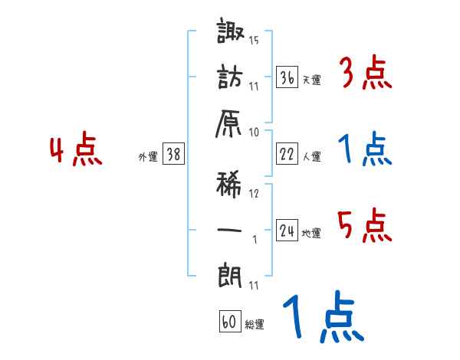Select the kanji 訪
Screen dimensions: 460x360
tap(231, 80)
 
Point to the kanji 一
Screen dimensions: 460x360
tap(231, 228)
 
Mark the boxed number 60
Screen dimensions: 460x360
tap(229, 322)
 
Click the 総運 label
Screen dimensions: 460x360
tap(254, 325)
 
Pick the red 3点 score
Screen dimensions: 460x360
tap(364, 74)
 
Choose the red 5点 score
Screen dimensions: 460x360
tap(364, 226)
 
